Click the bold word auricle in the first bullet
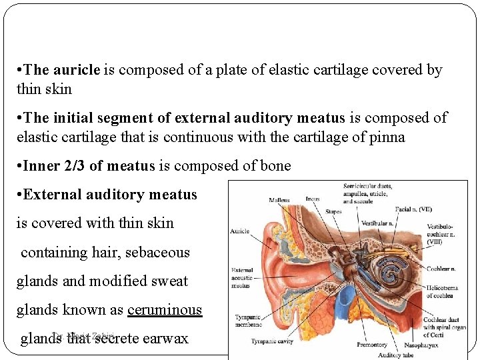pos(76,70)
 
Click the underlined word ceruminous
pos(164,310)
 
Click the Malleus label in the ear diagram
pos(279,199)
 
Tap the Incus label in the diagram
pos(312,198)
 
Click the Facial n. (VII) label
pos(413,209)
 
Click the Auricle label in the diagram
pos(240,231)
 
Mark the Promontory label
pos(371,345)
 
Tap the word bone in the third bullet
pos(275,166)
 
